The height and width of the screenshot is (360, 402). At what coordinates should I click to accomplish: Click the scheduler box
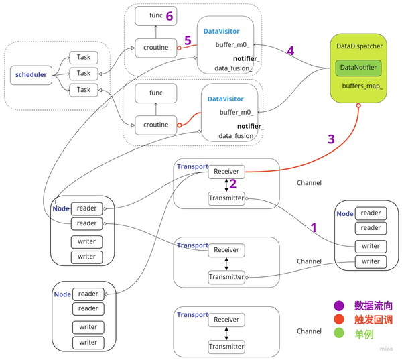click(x=31, y=75)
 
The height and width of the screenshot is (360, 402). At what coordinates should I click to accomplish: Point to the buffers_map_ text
click(x=362, y=86)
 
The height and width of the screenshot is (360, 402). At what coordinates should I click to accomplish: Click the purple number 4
click(x=290, y=50)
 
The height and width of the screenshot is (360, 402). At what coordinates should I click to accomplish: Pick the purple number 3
click(x=330, y=139)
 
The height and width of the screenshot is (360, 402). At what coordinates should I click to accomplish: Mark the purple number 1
click(x=312, y=227)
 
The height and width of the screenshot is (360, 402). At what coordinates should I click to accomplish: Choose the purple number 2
click(x=232, y=184)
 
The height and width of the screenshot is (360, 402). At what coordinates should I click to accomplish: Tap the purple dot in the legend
click(x=338, y=305)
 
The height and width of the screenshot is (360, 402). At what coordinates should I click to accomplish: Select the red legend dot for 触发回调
click(x=338, y=318)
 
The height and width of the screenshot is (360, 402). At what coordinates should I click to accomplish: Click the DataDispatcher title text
click(x=359, y=47)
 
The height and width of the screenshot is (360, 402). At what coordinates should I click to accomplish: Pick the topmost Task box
click(x=83, y=58)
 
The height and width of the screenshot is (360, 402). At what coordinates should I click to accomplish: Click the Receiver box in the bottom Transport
click(x=226, y=320)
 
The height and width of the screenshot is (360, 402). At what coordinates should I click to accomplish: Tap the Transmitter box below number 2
click(x=226, y=198)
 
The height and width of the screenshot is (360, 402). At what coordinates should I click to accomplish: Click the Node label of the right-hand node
click(x=344, y=213)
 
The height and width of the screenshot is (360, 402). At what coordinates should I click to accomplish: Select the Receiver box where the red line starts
click(x=226, y=172)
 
